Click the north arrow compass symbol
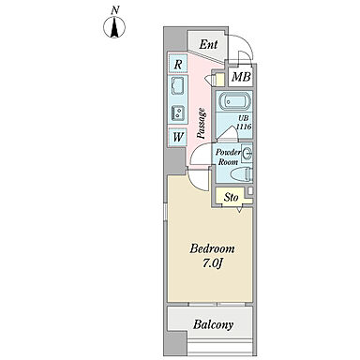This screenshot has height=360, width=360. click(114, 26)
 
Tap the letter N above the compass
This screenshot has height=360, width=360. click(115, 10)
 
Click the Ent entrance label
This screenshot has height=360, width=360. click(208, 44)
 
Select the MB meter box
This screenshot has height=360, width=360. click(241, 77)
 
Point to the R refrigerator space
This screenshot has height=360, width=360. click(178, 65)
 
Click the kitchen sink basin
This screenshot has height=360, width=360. click(178, 84)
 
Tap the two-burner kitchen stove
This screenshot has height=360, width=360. click(178, 112)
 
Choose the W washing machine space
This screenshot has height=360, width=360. click(178, 137)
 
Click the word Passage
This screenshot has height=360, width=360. click(202, 123)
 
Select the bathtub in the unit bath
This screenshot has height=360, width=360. click(235, 101)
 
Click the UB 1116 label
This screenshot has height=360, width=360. click(244, 123)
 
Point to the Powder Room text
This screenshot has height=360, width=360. click(228, 157)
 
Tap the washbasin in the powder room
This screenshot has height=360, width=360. click(247, 154)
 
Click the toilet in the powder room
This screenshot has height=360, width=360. click(241, 174)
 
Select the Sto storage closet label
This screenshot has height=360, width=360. click(232, 198)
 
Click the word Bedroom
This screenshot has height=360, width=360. click(212, 248)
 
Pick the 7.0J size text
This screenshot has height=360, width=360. click(212, 263)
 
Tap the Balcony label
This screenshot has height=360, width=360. click(213, 324)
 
